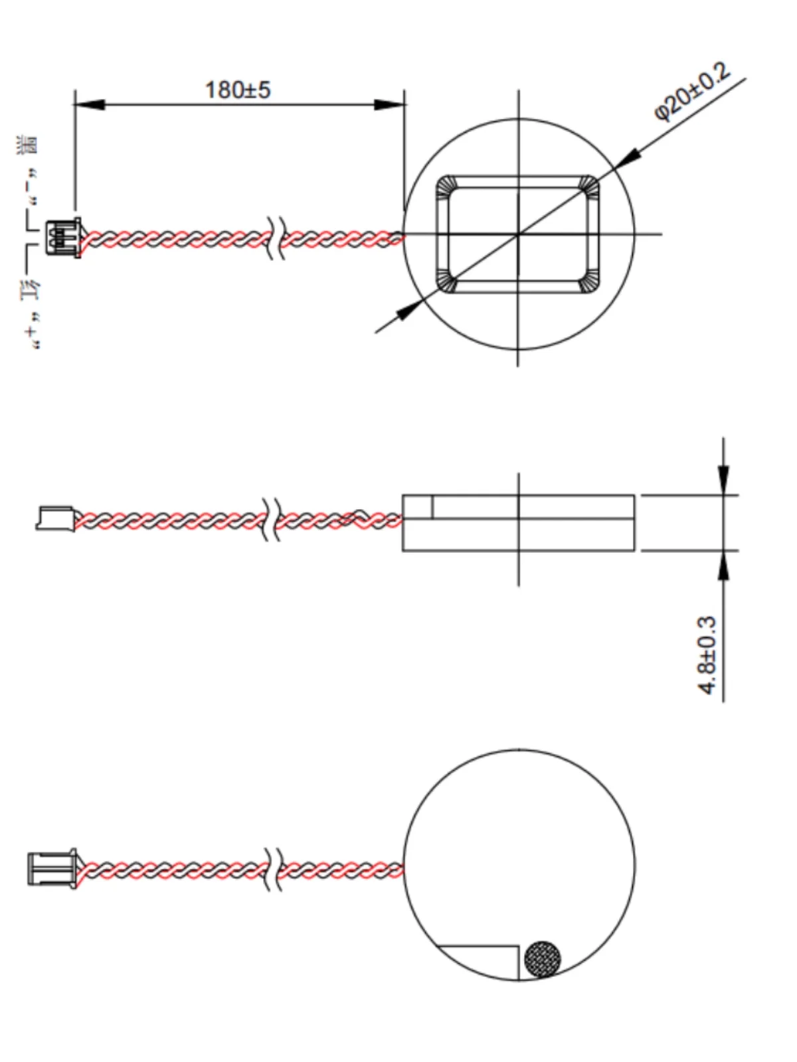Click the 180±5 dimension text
238,90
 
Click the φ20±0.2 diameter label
692,92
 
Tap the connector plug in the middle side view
55,518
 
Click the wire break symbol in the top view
276,237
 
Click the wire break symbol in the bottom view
272,869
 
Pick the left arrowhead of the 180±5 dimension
89,105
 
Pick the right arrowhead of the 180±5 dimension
390,105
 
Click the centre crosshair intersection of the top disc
518,234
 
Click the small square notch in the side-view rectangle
418,506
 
